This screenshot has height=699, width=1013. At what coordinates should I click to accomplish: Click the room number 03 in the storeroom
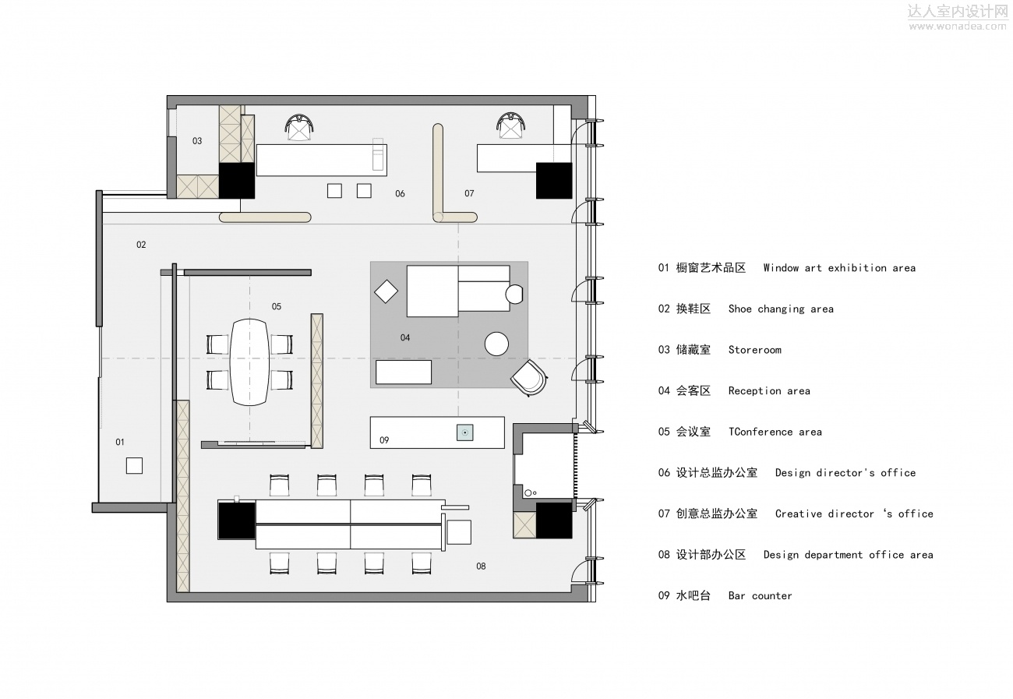tap(197, 141)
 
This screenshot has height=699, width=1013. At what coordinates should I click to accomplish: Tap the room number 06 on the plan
tap(400, 193)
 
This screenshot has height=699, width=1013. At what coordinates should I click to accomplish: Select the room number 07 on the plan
tap(469, 193)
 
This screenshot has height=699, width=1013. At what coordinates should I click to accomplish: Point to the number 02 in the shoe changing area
tap(141, 245)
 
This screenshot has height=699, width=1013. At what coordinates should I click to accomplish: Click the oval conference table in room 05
tap(249, 362)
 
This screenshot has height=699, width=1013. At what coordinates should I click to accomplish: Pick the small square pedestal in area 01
tap(135, 465)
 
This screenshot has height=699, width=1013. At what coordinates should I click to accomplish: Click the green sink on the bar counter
tap(464, 432)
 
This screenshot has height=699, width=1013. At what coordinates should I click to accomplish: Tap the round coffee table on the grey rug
tap(496, 344)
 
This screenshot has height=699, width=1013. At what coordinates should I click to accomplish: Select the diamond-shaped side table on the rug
tap(386, 292)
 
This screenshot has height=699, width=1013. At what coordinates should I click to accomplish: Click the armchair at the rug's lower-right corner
tap(531, 377)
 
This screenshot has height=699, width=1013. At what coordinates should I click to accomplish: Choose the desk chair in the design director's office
tap(299, 126)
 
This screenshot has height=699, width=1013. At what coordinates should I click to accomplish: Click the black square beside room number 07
tap(553, 181)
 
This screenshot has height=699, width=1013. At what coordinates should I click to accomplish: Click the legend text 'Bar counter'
tap(760, 596)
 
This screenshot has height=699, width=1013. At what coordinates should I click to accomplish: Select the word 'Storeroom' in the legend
tap(754, 350)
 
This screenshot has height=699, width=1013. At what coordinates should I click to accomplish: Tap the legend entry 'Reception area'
tap(769, 391)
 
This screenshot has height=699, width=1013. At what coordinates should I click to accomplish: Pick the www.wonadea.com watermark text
tap(958, 26)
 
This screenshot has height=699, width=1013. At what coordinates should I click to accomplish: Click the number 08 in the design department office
tap(481, 566)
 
